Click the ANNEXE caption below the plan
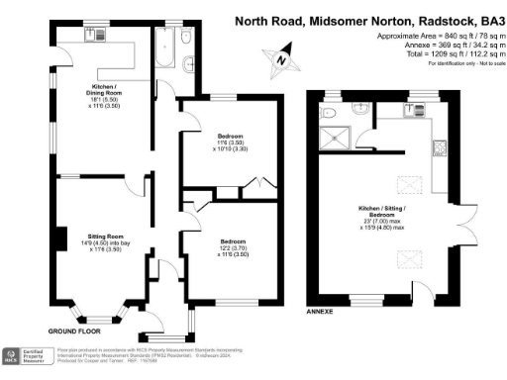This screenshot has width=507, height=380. point(320,311)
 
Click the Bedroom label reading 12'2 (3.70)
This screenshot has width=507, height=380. point(235,247)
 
